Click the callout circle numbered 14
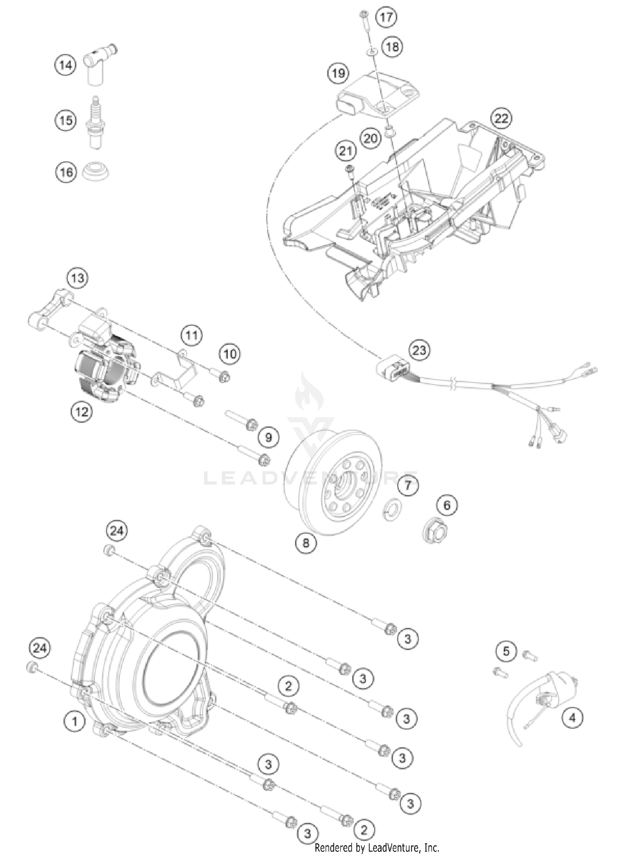pyautogui.click(x=66, y=65)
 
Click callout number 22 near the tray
pyautogui.click(x=501, y=119)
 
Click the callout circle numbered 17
pyautogui.click(x=386, y=17)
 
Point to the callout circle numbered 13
pyautogui.click(x=78, y=278)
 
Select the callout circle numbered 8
pyautogui.click(x=306, y=543)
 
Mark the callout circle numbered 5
pyautogui.click(x=506, y=652)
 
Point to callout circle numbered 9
pyautogui.click(x=269, y=438)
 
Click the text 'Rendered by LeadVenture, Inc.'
pyautogui.click(x=377, y=847)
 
